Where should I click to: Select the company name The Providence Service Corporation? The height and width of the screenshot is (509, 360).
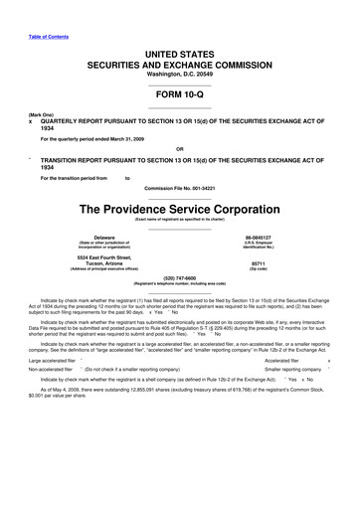point(179,211)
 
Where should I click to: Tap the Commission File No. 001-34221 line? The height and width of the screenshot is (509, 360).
point(179,187)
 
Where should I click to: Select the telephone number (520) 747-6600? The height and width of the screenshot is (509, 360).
point(179,278)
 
